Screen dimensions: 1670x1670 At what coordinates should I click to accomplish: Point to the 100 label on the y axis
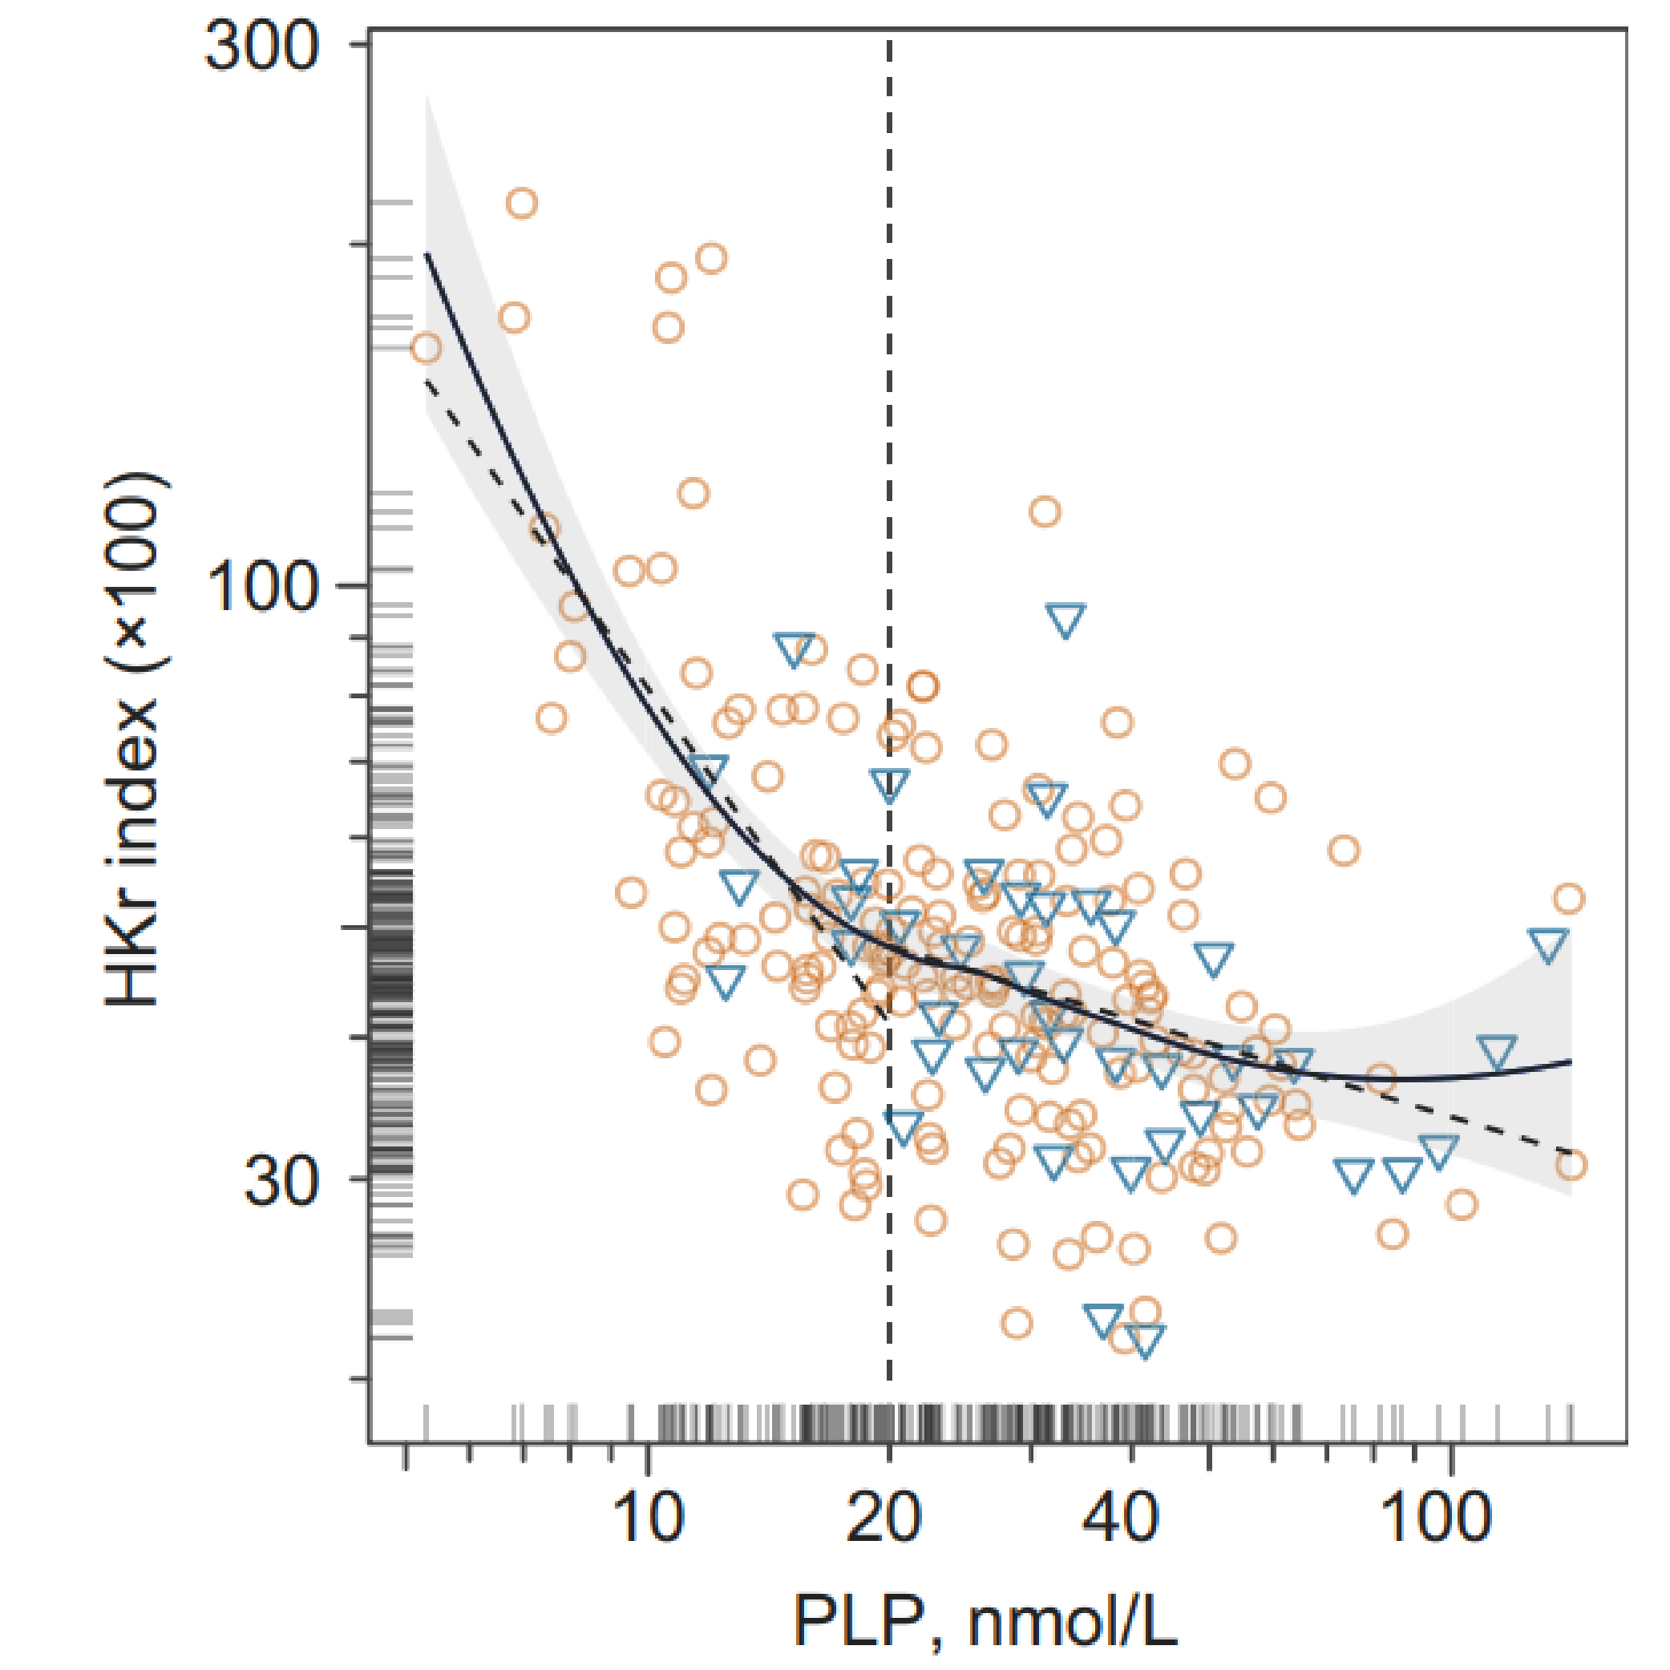coord(261,587)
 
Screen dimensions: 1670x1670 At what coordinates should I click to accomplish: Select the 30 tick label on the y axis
coord(281,1181)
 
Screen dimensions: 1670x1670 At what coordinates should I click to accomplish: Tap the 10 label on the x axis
coord(649,1517)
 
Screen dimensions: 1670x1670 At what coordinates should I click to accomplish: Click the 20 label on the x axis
coord(884,1517)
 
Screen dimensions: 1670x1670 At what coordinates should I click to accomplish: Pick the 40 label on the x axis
coord(1119,1517)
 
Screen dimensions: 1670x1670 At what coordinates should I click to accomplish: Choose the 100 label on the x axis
coord(1436,1517)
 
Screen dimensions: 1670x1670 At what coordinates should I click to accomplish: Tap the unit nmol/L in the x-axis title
coord(1072,1621)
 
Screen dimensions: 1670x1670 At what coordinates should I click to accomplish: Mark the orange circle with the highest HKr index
coord(522,203)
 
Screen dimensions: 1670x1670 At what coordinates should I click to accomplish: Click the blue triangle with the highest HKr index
coord(1065,620)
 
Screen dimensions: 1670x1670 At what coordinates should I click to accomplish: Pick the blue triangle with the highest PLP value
coord(1547,944)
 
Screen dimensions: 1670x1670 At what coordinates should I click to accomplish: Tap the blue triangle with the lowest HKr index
coord(1146,1340)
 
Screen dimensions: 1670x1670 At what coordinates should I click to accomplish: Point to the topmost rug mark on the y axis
coord(391,202)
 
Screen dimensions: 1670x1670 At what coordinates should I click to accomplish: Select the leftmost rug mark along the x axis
coord(427,1423)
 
